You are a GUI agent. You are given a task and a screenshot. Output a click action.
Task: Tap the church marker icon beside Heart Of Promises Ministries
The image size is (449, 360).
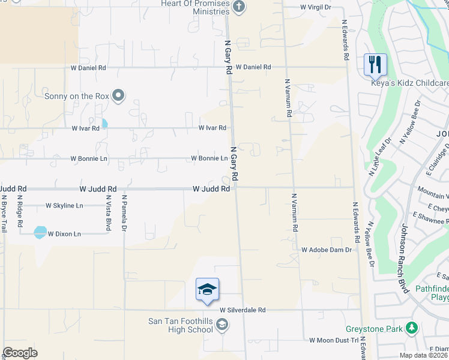click(239, 7)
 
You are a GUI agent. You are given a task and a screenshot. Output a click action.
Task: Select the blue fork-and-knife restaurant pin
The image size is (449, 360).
click(375, 64)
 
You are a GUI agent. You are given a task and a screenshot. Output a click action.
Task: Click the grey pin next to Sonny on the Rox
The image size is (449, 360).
click(118, 95)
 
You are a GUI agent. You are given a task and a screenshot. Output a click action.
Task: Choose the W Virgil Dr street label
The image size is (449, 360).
click(316, 7)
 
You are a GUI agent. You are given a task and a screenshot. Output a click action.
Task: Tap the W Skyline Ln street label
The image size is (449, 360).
click(64, 205)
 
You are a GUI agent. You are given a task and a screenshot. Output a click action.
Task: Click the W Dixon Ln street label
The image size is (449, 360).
click(64, 233)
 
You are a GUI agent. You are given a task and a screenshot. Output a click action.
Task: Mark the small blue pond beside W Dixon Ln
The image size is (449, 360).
click(40, 232)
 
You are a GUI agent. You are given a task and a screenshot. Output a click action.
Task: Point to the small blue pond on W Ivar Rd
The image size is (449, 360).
click(104, 124)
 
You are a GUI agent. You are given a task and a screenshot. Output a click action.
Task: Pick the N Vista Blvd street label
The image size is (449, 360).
click(109, 213)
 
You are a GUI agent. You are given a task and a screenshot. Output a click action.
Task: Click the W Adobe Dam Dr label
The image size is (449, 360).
click(325, 249)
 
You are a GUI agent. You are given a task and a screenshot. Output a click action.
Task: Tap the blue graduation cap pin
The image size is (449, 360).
click(207, 290)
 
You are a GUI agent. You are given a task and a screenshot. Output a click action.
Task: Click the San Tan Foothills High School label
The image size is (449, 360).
click(180, 325)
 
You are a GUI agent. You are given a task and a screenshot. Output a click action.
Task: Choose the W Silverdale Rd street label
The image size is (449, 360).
click(243, 310)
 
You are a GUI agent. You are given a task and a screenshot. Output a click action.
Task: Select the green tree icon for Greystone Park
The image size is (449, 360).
click(411, 328)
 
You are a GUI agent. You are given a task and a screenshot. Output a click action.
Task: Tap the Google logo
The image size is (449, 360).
click(20, 353)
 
